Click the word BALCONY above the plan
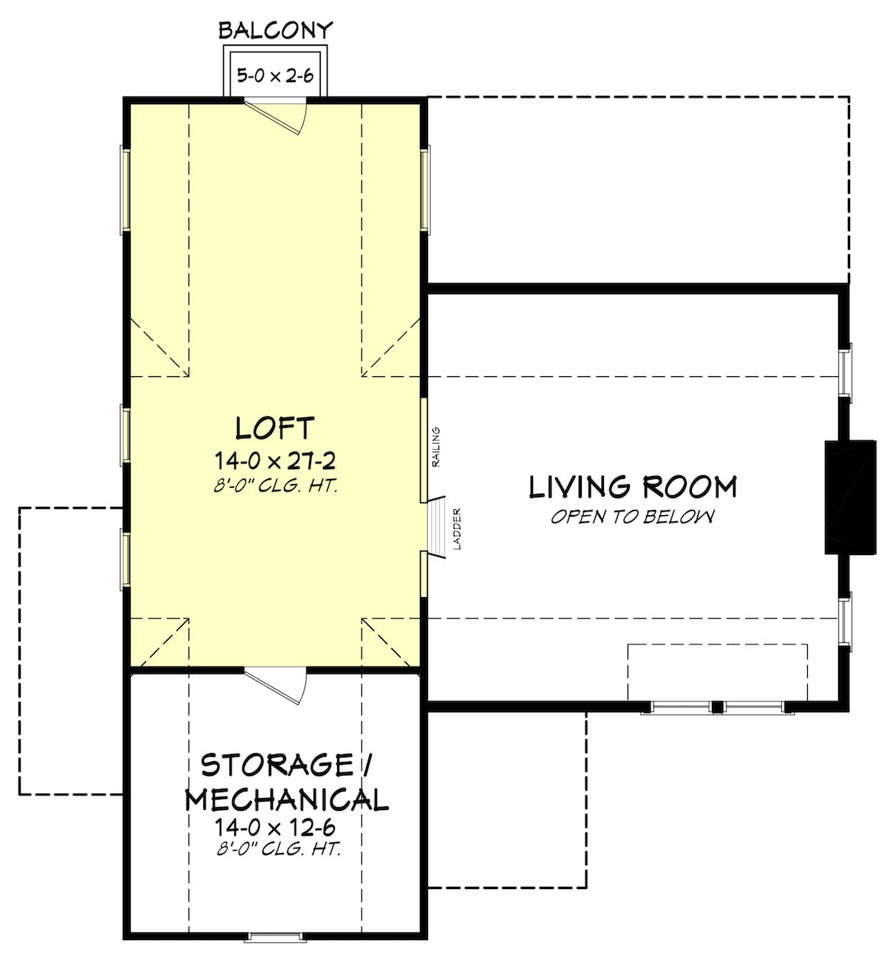point(275,30)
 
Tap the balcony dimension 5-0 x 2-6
point(275,75)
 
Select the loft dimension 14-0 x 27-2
point(275,461)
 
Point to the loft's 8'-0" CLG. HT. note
point(275,486)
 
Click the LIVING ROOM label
point(633,487)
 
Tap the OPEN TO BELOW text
point(633,517)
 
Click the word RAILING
point(436,446)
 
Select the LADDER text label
point(457,528)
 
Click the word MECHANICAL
point(286,800)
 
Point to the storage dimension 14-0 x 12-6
point(275,826)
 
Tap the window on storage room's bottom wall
point(275,937)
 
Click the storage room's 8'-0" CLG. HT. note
point(279,849)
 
